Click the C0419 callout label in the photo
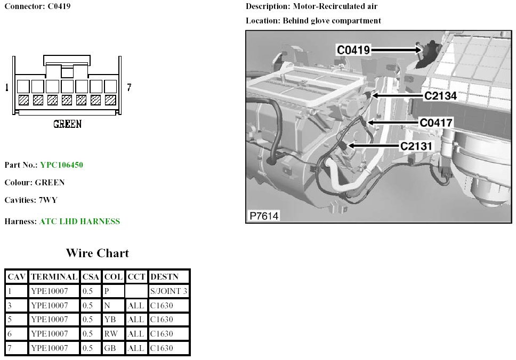click(353, 50)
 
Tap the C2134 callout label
click(440, 96)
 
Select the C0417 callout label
click(436, 122)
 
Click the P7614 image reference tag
click(264, 216)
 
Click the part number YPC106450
click(61, 165)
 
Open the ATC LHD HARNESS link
click(79, 222)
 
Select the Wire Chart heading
click(97, 253)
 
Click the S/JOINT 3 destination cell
click(169, 291)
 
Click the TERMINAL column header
click(53, 277)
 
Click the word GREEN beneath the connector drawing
click(67, 124)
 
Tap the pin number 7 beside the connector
click(129, 87)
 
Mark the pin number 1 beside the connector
click(6, 87)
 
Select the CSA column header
click(90, 277)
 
